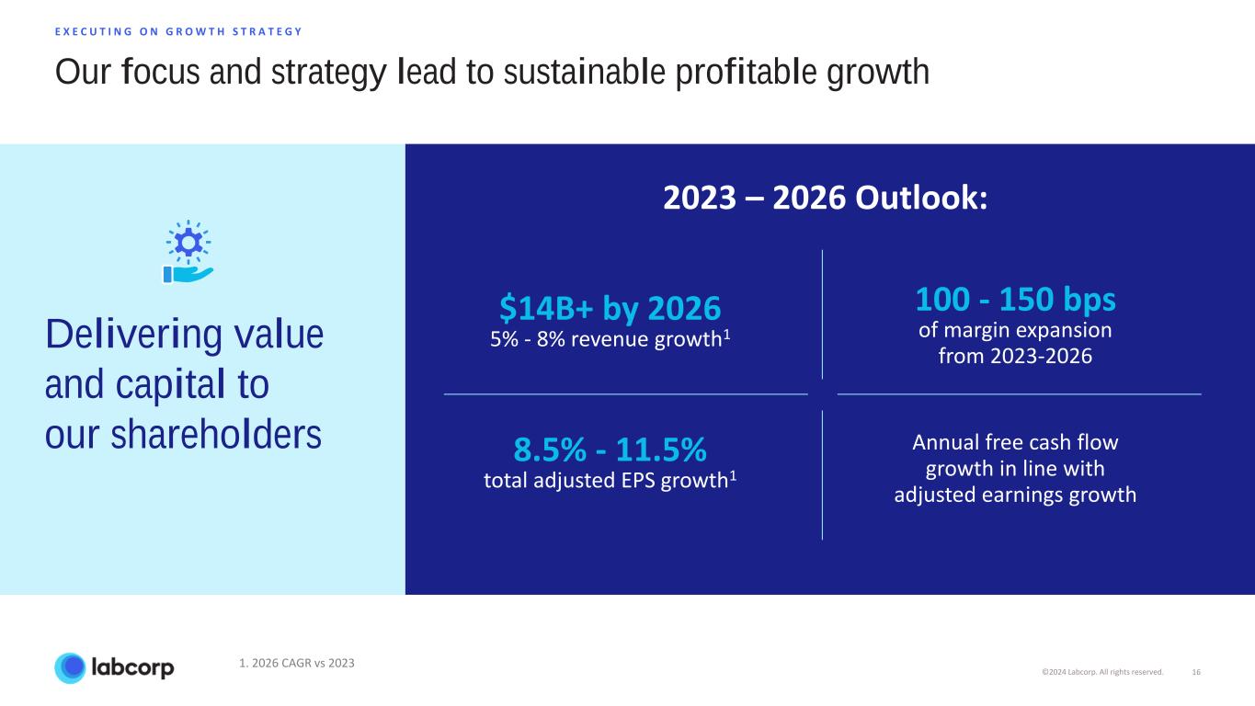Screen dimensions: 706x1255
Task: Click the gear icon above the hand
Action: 188,241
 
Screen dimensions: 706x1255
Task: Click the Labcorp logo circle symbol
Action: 70,668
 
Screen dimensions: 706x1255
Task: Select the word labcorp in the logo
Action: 131,668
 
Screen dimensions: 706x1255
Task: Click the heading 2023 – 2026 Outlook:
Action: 826,198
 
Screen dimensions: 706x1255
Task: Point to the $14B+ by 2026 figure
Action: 610,307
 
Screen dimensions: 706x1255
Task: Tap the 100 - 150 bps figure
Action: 1015,299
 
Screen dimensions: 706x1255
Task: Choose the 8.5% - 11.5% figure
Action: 610,450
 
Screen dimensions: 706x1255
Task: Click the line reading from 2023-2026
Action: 1015,357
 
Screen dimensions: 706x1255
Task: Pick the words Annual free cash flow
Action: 1015,442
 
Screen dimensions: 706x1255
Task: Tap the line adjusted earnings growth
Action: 1015,495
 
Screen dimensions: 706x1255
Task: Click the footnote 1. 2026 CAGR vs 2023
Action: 296,663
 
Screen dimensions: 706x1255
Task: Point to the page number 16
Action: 1196,672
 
